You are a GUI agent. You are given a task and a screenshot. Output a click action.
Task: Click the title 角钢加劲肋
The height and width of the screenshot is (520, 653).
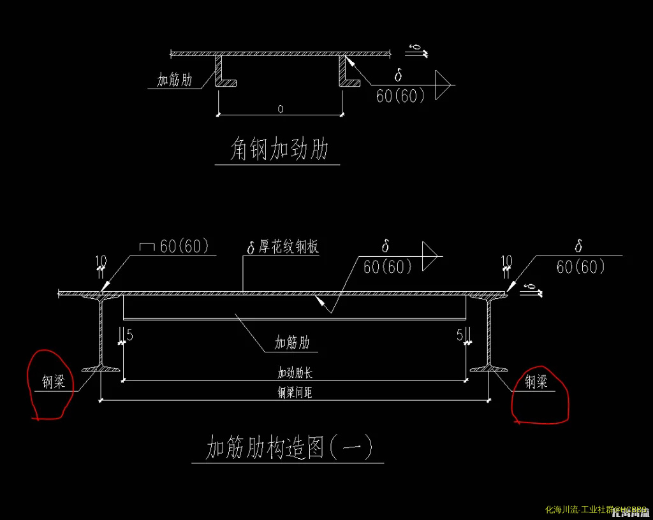point(279,150)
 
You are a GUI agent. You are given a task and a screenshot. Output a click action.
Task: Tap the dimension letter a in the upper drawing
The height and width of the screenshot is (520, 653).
point(281,109)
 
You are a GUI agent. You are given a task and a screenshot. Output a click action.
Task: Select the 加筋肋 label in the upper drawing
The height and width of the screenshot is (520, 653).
point(175,80)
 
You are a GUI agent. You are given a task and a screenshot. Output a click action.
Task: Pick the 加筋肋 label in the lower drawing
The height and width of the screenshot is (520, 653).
point(292,343)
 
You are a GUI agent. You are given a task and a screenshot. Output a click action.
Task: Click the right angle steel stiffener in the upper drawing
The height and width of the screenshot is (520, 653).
point(346,71)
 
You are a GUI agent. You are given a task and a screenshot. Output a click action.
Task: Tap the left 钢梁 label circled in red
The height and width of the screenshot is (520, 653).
point(54,382)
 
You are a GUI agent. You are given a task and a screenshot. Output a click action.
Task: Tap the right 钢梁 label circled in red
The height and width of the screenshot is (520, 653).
point(536,382)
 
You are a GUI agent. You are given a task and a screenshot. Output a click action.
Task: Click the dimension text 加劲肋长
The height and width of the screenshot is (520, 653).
point(295,373)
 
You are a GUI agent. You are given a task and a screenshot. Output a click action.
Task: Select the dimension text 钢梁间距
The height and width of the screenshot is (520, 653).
point(295,393)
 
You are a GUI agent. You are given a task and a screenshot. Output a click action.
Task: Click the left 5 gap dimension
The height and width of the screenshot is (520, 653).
point(129,335)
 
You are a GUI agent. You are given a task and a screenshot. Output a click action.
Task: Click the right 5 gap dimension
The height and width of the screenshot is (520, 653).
point(460,335)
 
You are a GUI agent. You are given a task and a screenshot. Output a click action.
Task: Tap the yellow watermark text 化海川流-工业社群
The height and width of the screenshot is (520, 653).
point(580,510)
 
